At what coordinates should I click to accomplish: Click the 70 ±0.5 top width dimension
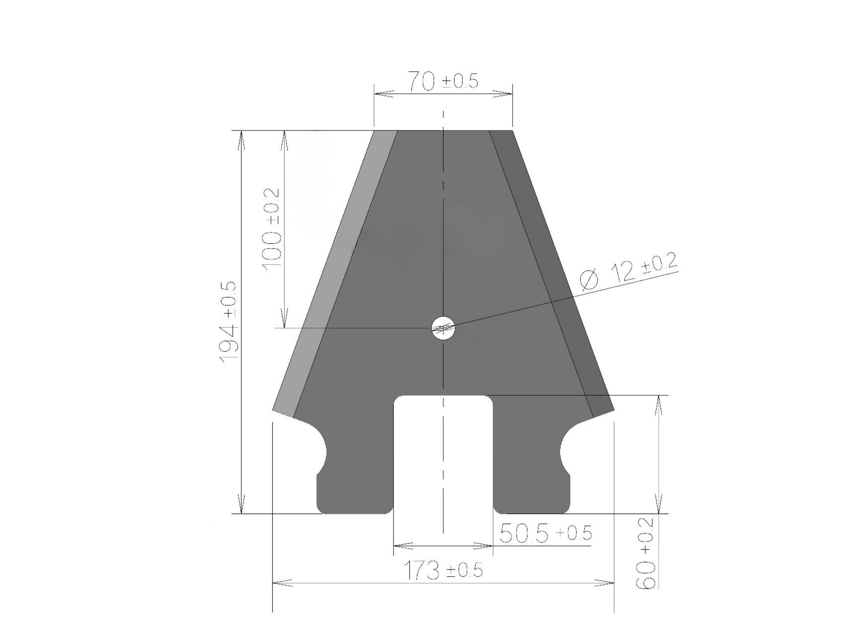point(443,81)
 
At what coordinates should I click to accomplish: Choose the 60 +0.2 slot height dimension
point(646,553)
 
